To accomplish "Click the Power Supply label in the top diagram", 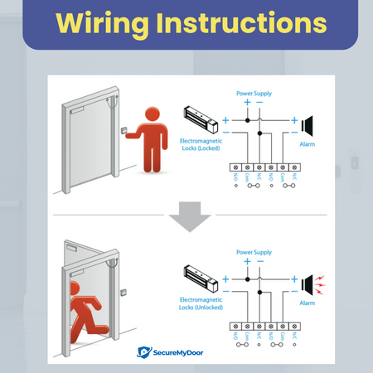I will coord(254,94).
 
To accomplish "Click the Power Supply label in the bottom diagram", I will coord(254,251).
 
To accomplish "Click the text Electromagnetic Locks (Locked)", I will coord(201,146).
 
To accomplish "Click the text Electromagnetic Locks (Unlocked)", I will coord(201,302).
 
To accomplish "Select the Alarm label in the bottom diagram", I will coord(307,303).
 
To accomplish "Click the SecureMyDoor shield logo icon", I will coord(143,352).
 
